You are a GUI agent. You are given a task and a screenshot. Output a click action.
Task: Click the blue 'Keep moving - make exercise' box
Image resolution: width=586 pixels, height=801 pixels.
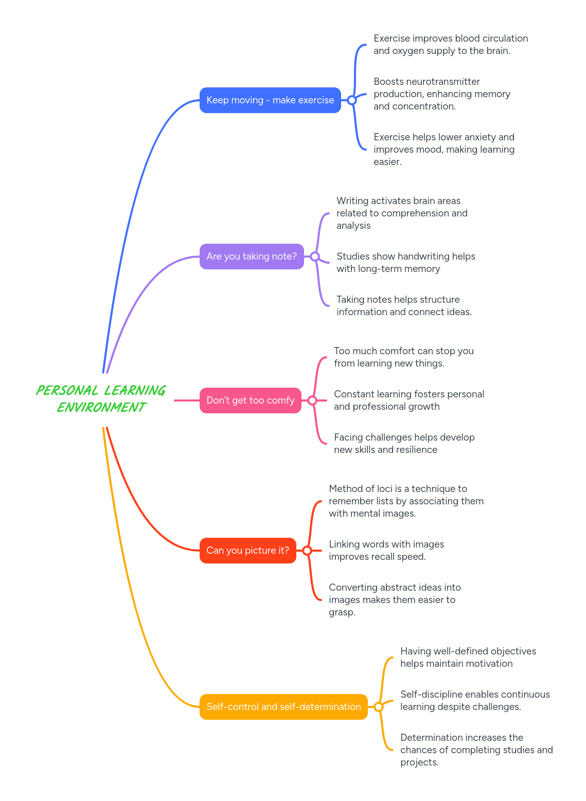270,100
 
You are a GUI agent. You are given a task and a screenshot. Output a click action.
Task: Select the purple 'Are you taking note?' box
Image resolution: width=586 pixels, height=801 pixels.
252,257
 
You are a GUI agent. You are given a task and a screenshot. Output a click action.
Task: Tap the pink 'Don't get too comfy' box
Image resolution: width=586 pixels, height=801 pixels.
250,400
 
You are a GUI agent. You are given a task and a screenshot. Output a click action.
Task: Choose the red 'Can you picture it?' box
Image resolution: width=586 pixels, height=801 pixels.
247,551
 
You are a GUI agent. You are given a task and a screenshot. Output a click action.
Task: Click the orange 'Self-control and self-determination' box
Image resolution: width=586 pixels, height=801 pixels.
283,707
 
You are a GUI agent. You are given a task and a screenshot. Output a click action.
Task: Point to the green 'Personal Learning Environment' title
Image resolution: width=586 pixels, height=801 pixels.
101,399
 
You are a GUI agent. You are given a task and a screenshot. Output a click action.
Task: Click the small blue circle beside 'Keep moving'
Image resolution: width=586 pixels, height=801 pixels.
352,100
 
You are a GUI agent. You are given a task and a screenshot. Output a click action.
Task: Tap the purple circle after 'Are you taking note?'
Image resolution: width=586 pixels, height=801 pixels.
315,257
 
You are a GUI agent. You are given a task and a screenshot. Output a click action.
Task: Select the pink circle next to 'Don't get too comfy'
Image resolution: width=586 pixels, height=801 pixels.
312,400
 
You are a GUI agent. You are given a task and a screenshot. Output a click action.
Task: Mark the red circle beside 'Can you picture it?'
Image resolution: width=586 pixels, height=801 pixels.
307,551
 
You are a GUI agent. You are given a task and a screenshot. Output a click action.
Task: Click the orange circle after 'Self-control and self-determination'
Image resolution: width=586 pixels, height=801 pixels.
379,707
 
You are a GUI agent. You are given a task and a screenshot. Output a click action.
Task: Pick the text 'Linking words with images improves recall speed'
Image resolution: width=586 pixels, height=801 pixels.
386,551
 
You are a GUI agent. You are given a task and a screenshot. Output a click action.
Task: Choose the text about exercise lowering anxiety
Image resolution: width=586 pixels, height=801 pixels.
443,150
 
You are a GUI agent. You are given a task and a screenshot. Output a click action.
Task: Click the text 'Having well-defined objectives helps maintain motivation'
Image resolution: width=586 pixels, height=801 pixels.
468,658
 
